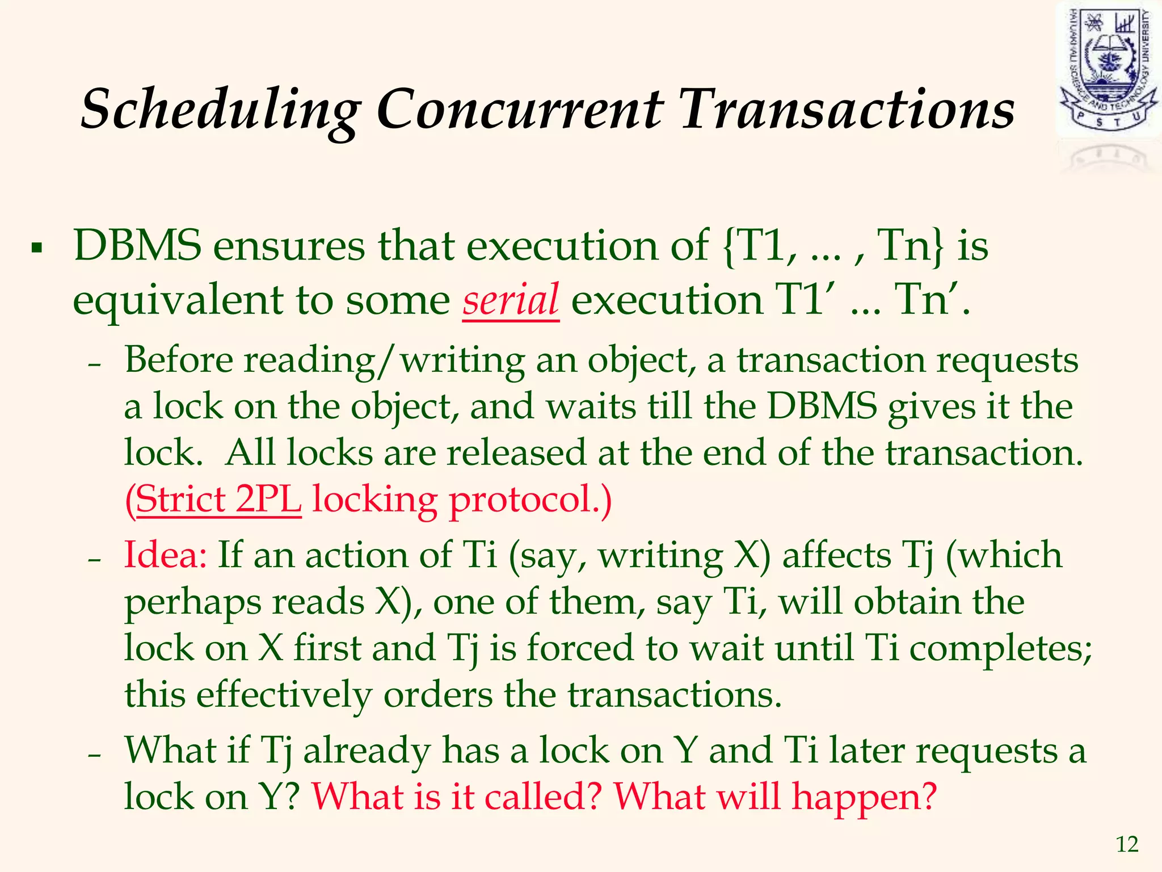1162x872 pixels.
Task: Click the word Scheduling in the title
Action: point(221,109)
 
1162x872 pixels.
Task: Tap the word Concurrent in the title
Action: point(519,109)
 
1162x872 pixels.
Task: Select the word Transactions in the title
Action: point(847,109)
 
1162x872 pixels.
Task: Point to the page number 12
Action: point(1127,845)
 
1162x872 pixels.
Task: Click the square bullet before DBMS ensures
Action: point(37,248)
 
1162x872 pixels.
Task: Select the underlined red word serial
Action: point(511,300)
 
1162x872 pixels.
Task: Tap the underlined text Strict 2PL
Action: point(218,500)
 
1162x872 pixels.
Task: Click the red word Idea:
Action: point(165,555)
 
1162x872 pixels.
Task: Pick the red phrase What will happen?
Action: point(774,796)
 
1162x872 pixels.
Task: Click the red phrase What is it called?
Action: point(456,796)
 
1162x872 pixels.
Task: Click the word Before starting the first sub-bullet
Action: point(179,360)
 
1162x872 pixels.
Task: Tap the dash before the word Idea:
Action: point(95,559)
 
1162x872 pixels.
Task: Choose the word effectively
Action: point(284,694)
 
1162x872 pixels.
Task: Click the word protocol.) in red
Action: point(530,500)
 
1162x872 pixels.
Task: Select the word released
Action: point(516,453)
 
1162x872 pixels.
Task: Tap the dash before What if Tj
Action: point(95,755)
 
